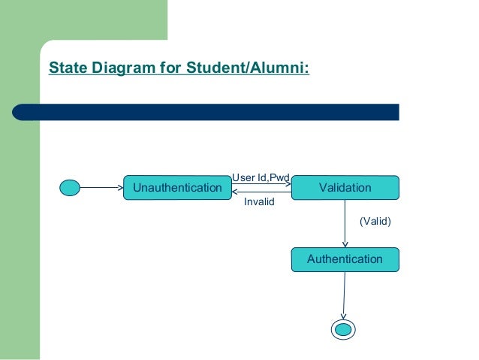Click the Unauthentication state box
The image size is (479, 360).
177,187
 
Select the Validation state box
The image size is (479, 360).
345,187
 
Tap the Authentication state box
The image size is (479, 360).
345,259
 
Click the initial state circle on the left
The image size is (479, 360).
70,187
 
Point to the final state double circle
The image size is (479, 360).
343,329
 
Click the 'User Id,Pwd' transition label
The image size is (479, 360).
261,177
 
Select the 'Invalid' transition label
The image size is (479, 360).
260,202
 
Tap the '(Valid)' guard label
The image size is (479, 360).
375,221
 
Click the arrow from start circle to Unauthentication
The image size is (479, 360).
101,187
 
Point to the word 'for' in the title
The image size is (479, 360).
169,69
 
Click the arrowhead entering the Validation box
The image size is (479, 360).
287,184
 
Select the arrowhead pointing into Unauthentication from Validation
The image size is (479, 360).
235,192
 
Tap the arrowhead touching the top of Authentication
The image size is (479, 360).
345,244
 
